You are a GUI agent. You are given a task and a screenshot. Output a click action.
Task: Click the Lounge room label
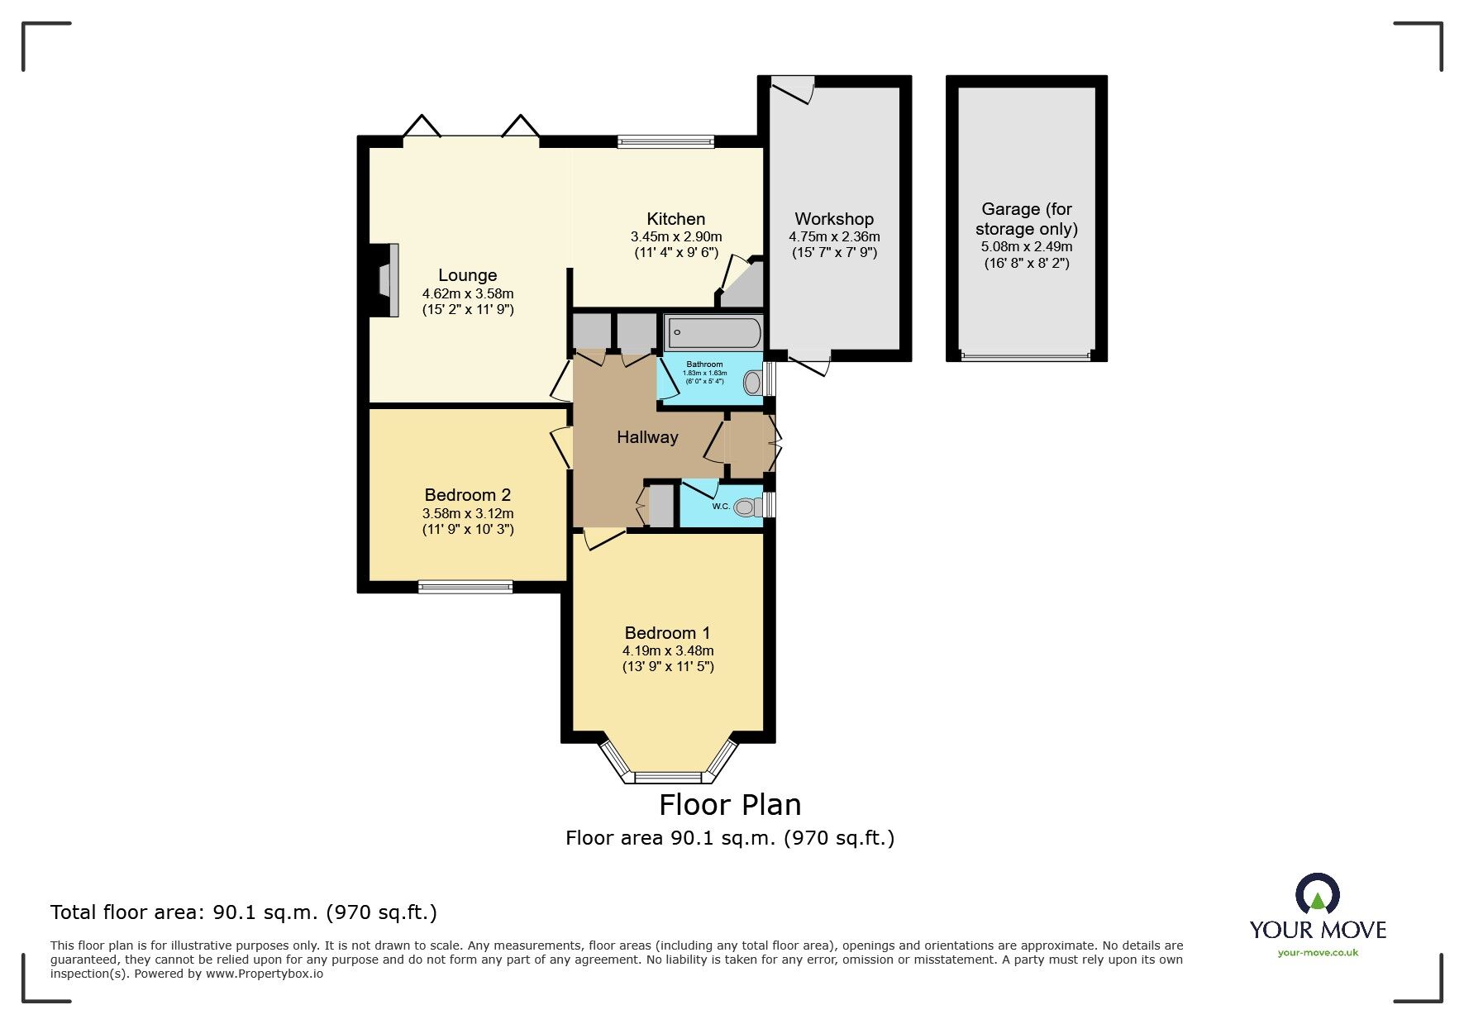[467, 275]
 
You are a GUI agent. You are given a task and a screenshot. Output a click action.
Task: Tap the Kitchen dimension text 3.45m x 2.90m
[675, 237]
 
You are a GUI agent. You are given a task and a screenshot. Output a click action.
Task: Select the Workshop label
[833, 219]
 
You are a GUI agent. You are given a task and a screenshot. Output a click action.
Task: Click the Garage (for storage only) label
[1026, 219]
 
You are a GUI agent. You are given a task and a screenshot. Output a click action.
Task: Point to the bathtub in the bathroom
[713, 334]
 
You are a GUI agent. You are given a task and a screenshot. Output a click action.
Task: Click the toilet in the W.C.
[747, 507]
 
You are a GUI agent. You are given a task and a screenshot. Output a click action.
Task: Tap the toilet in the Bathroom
[753, 383]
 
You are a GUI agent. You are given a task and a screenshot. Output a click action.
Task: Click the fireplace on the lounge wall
[388, 280]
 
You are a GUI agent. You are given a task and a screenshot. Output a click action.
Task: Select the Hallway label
[647, 437]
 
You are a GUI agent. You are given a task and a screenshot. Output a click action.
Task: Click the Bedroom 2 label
[467, 495]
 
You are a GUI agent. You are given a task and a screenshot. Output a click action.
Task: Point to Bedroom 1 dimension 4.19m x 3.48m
[667, 650]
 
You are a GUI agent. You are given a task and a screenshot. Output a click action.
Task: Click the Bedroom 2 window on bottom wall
[465, 587]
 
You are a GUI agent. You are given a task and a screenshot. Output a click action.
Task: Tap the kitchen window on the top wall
[665, 141]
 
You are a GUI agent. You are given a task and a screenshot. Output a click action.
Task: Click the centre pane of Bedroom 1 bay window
[667, 777]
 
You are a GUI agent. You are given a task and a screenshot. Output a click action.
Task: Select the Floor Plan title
[729, 804]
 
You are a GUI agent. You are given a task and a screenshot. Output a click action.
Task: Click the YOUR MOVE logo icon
[1317, 895]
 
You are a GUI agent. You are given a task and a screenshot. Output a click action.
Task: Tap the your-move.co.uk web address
[1317, 953]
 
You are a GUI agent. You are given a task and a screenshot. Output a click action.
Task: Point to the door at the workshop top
[792, 88]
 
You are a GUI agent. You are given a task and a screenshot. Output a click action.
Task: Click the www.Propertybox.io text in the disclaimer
[264, 974]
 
